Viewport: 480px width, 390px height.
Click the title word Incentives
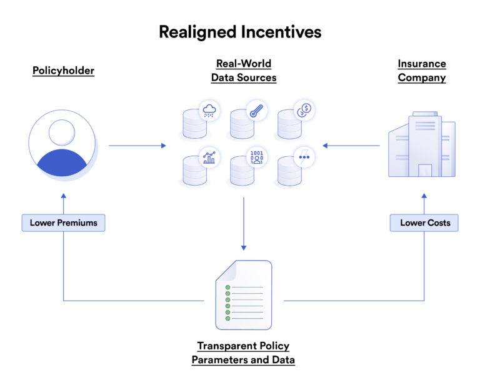coord(281,32)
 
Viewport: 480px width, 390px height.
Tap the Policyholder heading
coord(63,71)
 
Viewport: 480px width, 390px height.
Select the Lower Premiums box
coord(63,222)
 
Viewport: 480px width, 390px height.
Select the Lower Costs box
coord(424,222)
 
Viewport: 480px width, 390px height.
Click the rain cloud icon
coord(209,111)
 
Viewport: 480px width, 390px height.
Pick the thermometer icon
coord(256,111)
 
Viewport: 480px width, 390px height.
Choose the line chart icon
coord(209,157)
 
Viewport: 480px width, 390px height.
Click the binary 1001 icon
coord(256,157)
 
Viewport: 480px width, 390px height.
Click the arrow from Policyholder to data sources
coord(137,146)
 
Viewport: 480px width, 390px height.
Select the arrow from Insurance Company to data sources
coord(351,146)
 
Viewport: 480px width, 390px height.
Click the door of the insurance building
coord(424,170)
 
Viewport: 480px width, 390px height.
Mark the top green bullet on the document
coord(227,287)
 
